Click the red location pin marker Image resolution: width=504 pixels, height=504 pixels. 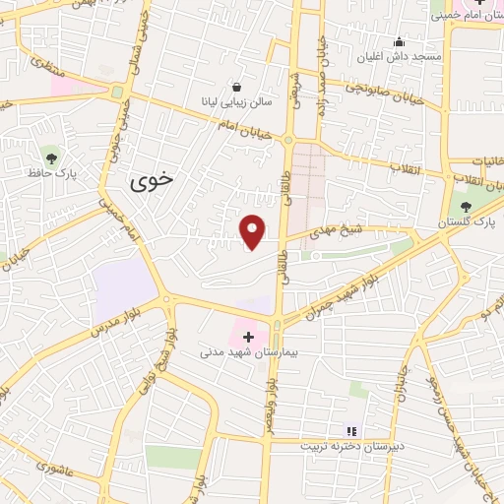(x=253, y=231)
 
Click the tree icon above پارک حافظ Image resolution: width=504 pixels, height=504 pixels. (x=50, y=156)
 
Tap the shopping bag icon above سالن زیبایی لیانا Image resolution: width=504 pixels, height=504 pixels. (x=235, y=85)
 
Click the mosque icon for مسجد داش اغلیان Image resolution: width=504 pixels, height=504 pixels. (x=399, y=41)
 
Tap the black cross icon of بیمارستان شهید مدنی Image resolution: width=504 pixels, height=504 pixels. (x=248, y=336)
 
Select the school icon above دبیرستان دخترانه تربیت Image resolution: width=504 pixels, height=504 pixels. (x=351, y=430)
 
